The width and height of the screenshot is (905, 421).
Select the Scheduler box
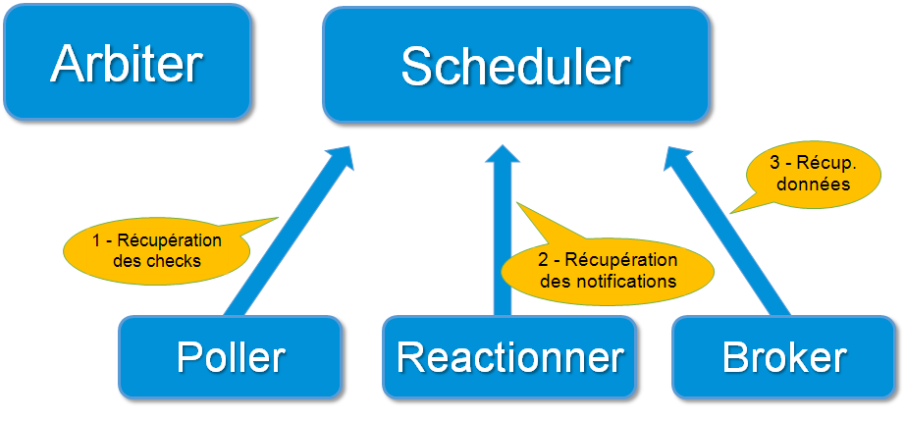[x=515, y=65]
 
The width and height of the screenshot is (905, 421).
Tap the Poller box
[x=231, y=357]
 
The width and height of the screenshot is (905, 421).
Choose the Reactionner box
[x=509, y=357]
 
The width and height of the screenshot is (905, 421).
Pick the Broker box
[x=784, y=357]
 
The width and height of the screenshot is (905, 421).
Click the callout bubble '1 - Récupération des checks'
[x=157, y=251]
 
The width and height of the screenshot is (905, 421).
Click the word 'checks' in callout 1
[x=177, y=261]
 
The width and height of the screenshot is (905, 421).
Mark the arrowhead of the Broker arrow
[x=676, y=159]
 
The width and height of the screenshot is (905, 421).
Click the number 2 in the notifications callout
[x=543, y=261]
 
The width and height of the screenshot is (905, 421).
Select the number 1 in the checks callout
[x=96, y=241]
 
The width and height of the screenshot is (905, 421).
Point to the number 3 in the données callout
[x=777, y=163]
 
